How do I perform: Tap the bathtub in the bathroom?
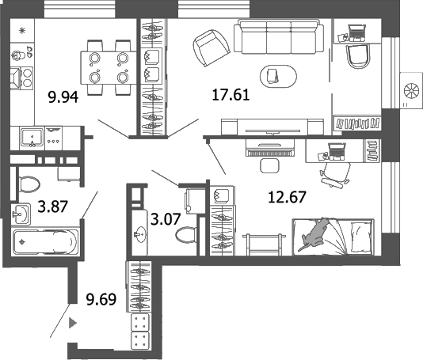tap(45, 241)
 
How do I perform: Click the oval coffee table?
tap(273, 75)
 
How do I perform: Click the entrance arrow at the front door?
tap(73, 323)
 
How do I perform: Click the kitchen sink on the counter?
tap(31, 137)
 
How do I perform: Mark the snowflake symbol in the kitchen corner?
tap(21, 30)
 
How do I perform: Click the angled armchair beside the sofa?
tap(209, 48)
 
